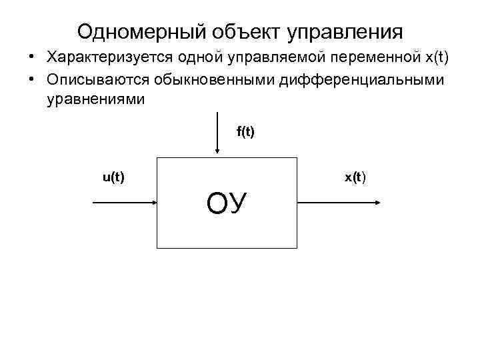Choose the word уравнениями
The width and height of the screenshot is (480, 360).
95,99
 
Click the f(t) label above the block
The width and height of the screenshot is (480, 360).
245,132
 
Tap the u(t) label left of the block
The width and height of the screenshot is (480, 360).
113,177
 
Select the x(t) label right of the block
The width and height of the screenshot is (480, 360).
355,177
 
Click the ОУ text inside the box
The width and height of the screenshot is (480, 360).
227,203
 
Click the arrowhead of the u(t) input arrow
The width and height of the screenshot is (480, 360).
152,203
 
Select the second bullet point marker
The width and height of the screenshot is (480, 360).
32,81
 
